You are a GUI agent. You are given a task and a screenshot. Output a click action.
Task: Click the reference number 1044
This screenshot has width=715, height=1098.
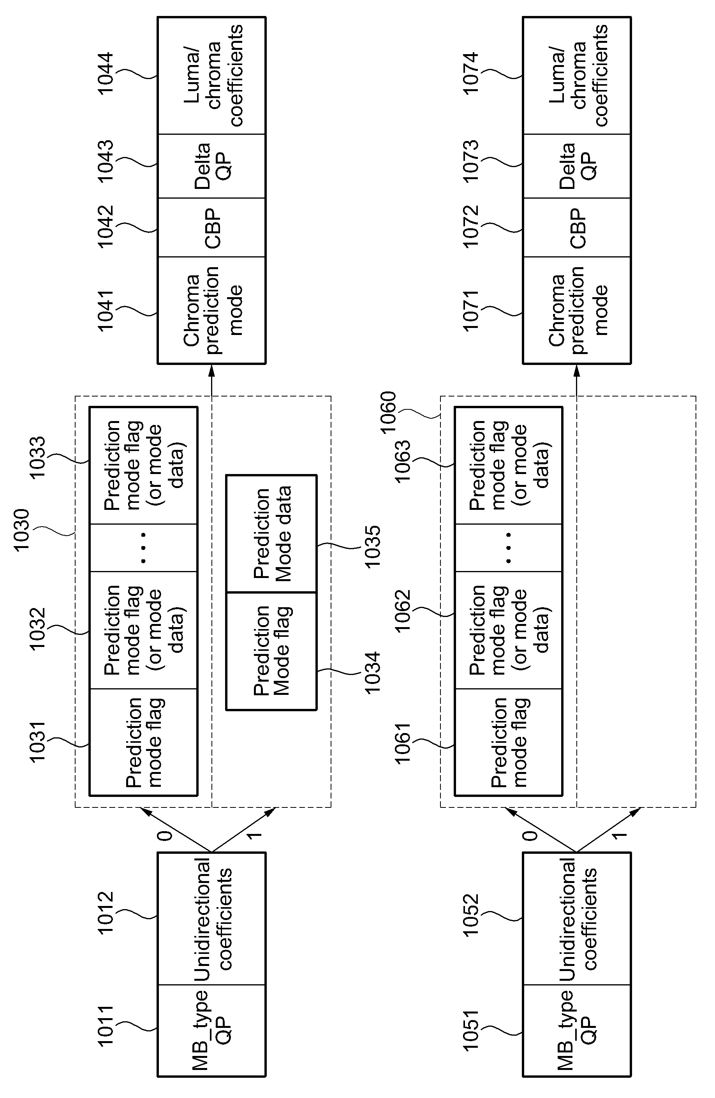tap(106, 73)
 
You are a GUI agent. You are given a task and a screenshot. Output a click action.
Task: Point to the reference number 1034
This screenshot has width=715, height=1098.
tap(372, 672)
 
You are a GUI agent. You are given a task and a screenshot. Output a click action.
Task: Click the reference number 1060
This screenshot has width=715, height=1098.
tap(388, 412)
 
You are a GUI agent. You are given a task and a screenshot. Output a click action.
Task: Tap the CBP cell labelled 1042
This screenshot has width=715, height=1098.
tap(212, 227)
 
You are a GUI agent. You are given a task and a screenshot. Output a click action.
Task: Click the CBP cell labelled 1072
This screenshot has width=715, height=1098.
tap(577, 227)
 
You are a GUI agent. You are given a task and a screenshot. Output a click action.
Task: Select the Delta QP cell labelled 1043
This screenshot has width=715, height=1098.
tap(212, 166)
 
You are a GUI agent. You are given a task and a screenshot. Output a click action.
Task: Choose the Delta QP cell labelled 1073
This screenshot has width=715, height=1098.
tap(577, 166)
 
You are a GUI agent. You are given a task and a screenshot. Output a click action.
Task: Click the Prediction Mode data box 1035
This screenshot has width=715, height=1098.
tap(271, 534)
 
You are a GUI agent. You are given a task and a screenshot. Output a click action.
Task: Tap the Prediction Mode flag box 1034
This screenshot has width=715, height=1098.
tap(271, 651)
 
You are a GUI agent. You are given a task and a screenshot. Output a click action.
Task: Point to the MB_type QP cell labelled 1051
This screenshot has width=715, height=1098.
tap(577, 1030)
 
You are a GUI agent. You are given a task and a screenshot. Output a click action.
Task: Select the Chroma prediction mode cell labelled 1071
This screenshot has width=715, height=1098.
tap(577, 310)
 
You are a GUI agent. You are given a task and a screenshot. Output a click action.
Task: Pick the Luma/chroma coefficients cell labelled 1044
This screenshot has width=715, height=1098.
tap(212, 76)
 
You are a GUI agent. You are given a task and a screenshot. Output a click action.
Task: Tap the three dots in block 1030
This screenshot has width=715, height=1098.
tap(143, 548)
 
